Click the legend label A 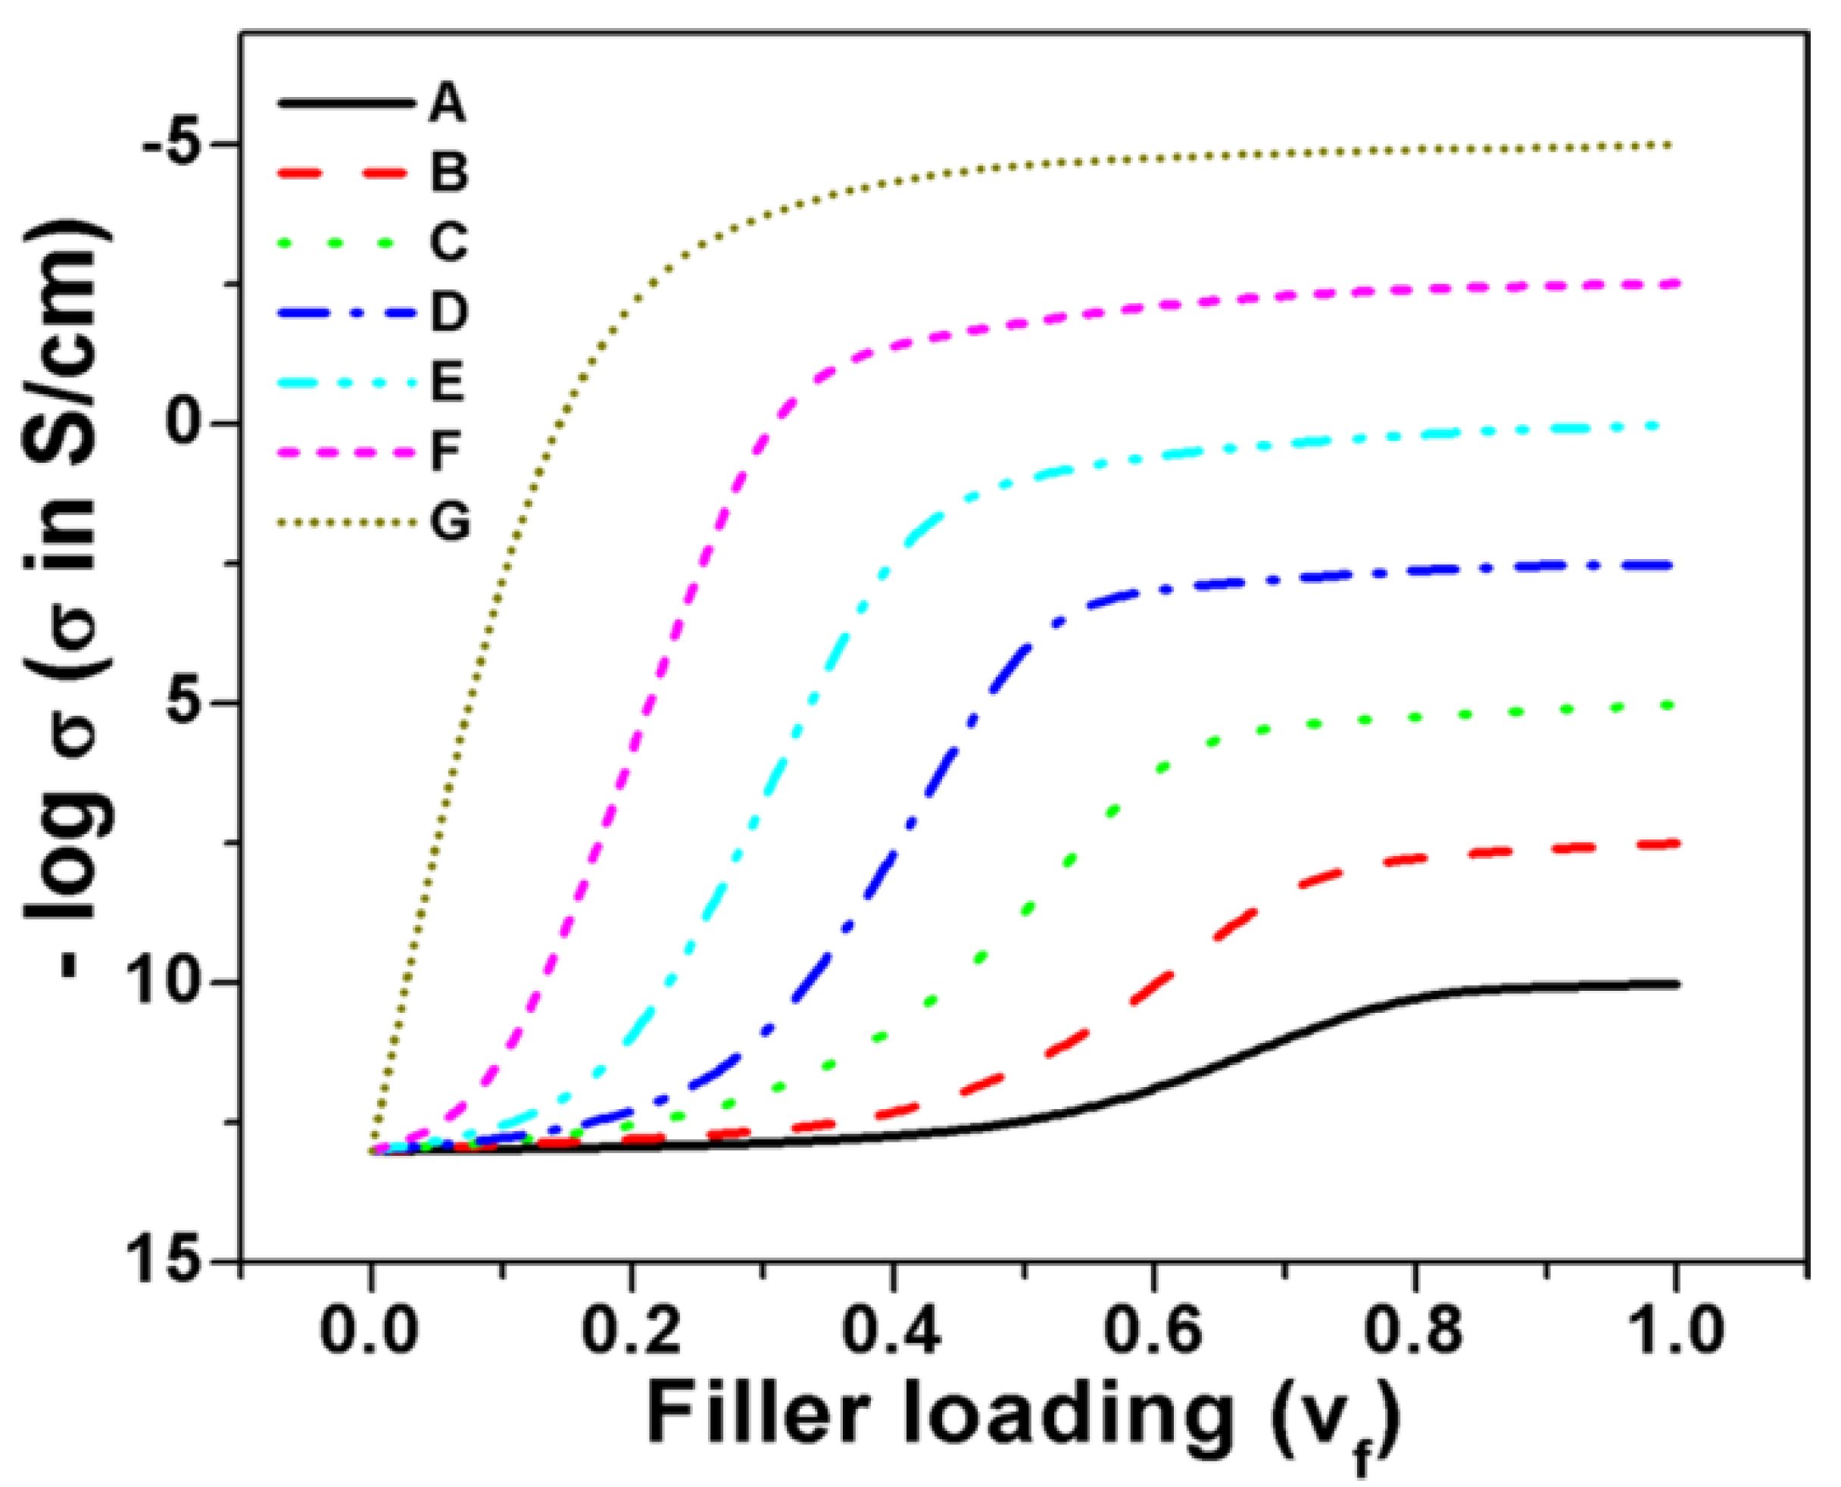(446, 104)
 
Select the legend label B (448, 172)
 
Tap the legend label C (448, 242)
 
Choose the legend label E (446, 381)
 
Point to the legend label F (445, 451)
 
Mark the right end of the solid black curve (1677, 984)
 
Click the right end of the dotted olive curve (1670, 145)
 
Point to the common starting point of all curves (373, 1151)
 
